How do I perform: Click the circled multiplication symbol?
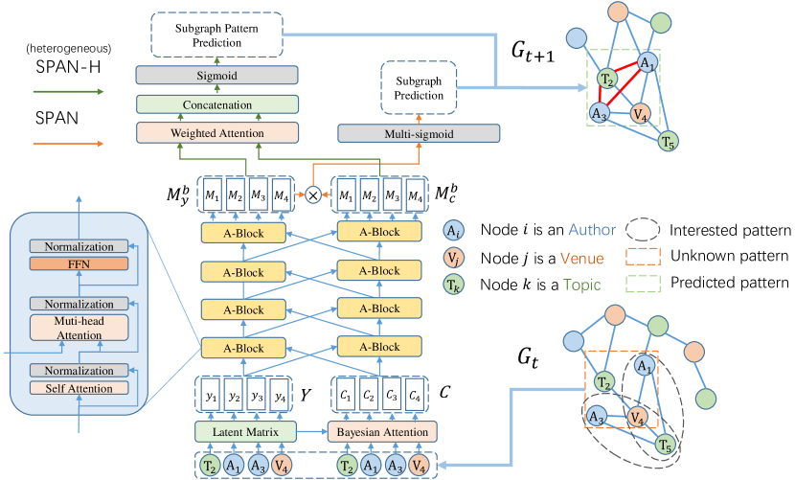coord(312,194)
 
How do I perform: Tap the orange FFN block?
coord(78,263)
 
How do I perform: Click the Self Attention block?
coord(78,388)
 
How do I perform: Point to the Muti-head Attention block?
coord(78,329)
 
